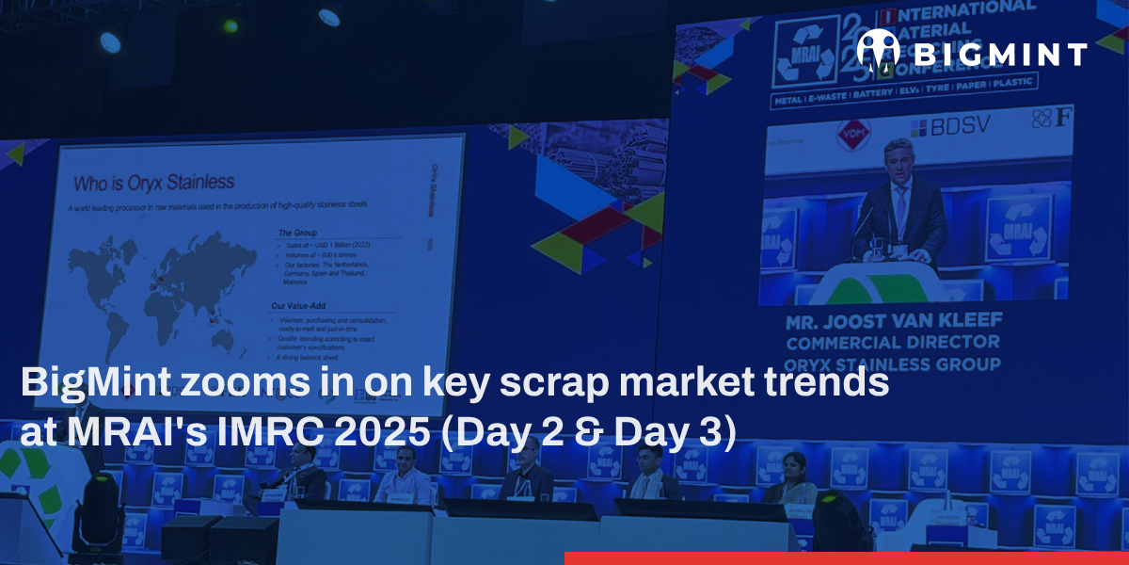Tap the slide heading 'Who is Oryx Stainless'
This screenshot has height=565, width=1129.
pyautogui.click(x=154, y=181)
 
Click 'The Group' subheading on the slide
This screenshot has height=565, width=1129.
pyautogui.click(x=298, y=232)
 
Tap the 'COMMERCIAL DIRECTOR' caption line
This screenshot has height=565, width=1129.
pyautogui.click(x=893, y=344)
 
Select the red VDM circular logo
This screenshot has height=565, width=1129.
pyautogui.click(x=854, y=132)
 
